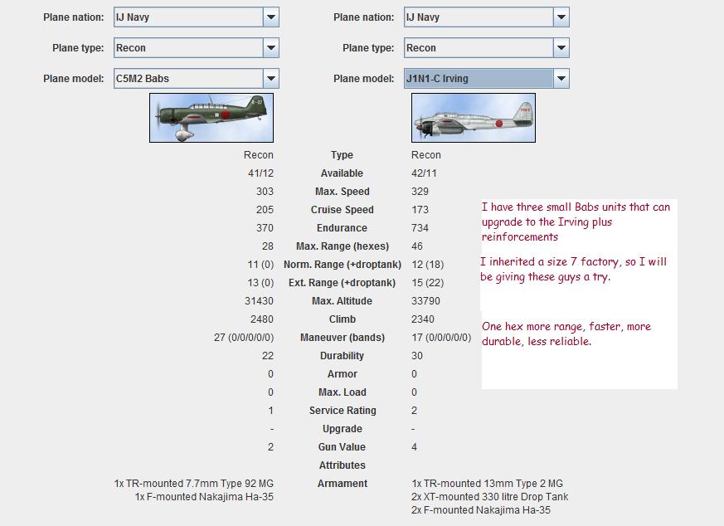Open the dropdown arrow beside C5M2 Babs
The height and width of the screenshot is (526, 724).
tap(271, 79)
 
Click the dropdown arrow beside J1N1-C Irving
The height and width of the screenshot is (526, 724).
tap(561, 79)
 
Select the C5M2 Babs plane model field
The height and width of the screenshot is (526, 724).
tap(189, 79)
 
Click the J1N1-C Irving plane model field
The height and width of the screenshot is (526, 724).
tap(479, 79)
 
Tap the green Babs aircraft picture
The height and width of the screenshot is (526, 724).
tap(211, 118)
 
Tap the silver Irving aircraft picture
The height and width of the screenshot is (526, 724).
tap(474, 118)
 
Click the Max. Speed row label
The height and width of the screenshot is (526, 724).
tap(343, 191)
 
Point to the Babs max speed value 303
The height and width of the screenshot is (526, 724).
tap(265, 191)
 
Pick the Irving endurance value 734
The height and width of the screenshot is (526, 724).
tap(420, 227)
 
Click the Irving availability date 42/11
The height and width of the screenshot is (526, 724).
tap(424, 173)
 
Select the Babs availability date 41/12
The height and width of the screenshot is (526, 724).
tap(260, 173)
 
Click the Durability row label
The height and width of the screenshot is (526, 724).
tap(343, 356)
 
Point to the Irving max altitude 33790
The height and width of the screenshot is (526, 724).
tap(425, 300)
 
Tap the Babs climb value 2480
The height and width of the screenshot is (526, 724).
tap(262, 319)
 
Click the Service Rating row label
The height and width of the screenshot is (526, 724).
tap(343, 411)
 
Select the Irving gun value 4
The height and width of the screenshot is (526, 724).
tap(414, 447)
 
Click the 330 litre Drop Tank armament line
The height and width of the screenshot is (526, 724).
tap(489, 497)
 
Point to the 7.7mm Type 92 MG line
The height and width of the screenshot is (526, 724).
tap(194, 484)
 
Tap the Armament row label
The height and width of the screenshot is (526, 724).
tap(343, 484)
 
